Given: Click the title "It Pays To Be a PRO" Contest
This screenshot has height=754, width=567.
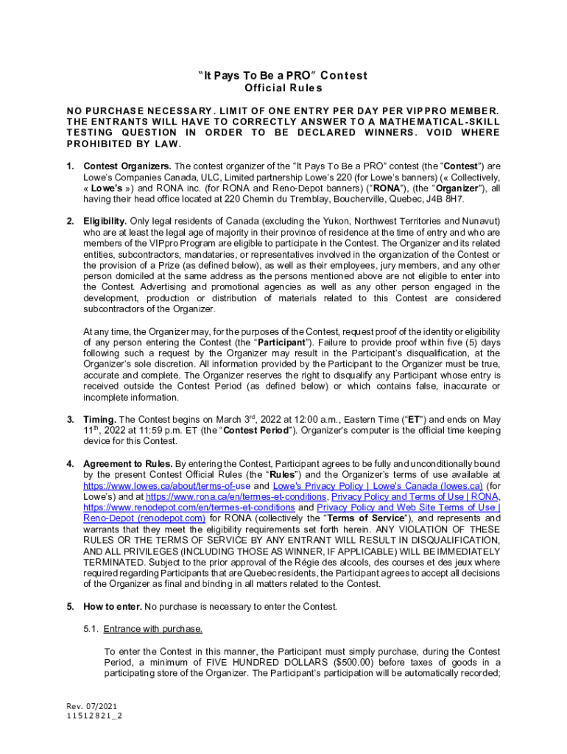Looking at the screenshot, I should point(283,76).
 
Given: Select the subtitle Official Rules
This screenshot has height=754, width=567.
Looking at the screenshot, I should point(283,88).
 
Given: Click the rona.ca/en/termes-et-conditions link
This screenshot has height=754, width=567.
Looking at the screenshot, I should point(236,497).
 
